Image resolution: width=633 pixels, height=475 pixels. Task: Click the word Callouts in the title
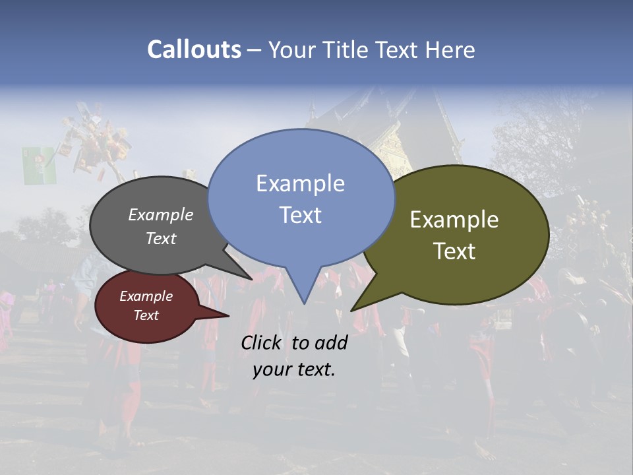pos(194,49)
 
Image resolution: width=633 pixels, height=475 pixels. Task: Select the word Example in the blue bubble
pos(300,183)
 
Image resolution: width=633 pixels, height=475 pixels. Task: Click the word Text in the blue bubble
pos(300,215)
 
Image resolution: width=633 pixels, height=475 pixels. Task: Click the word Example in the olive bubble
pos(454,220)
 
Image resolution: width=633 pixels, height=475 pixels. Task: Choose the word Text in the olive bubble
pos(454,251)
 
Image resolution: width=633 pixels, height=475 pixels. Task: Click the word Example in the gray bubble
pos(161,214)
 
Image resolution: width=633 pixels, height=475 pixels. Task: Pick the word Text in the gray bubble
pos(161,238)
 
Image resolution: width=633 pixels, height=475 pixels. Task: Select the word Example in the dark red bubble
pos(146,296)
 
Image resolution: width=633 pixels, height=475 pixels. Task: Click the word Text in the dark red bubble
pos(146,315)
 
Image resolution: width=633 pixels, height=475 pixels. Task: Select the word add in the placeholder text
pos(330,342)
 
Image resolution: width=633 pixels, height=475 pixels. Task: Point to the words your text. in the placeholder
pos(293,369)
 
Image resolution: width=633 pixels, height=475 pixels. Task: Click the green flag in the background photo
pos(39,165)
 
